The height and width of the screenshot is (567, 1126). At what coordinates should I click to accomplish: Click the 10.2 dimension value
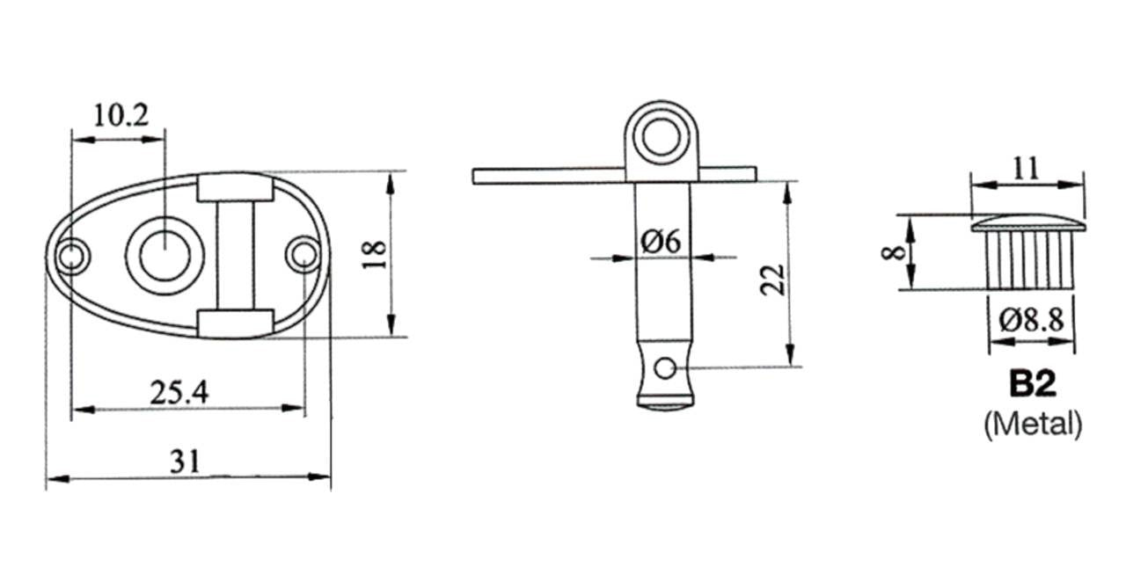[121, 116]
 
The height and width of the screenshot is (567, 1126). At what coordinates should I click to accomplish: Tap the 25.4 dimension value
[179, 393]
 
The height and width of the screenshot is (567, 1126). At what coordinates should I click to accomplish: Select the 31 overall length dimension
[185, 461]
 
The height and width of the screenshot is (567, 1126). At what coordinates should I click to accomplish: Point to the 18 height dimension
[375, 255]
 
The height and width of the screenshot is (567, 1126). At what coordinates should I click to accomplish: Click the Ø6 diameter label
[661, 241]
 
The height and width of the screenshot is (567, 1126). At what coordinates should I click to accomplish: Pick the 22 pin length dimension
[772, 280]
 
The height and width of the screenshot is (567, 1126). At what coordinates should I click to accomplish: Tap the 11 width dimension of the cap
[1026, 169]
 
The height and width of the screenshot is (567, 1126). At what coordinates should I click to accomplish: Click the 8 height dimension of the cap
[893, 252]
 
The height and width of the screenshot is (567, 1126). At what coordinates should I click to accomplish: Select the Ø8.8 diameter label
[1032, 320]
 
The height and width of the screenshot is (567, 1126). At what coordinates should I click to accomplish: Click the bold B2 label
[1033, 384]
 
